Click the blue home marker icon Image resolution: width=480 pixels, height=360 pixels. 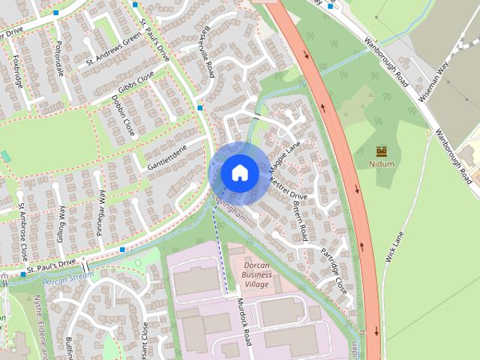(x=239, y=172)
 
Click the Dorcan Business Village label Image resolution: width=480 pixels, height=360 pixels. (x=256, y=274)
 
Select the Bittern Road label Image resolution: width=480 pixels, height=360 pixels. (x=299, y=219)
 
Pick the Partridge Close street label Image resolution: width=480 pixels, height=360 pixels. (x=334, y=268)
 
